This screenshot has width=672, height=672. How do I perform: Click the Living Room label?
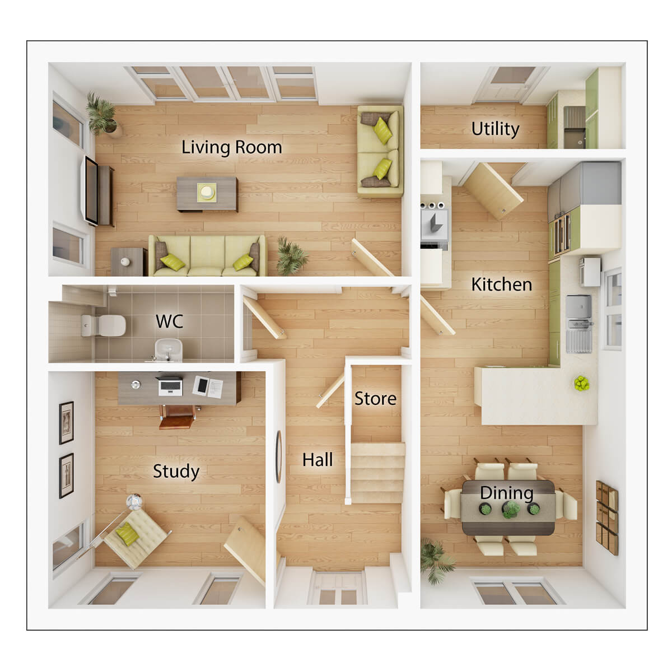pos(231,147)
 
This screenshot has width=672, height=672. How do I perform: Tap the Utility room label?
pos(495,129)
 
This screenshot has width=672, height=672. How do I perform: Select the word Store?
pos(375,399)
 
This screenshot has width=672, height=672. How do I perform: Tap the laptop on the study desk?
pos(170,386)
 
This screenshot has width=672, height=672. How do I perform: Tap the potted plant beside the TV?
pos(102,115)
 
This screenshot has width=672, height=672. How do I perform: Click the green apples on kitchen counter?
pos(581,384)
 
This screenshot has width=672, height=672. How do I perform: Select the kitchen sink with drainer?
pos(578,330)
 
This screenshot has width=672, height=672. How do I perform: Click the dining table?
pos(508,507)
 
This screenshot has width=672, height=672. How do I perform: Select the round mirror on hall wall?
pos(278,456)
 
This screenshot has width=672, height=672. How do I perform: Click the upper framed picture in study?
pos(67,423)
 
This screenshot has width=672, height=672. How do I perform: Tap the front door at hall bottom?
pos(337,588)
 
